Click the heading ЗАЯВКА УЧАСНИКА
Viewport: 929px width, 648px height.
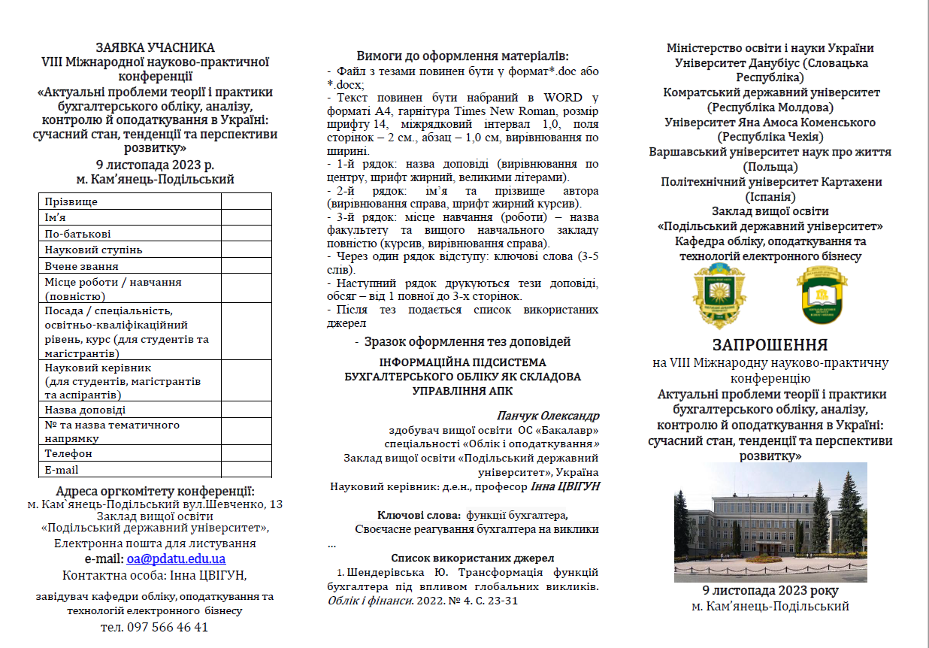pos(155,48)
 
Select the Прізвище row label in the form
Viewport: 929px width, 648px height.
pos(71,201)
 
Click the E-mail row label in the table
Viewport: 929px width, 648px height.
pos(62,470)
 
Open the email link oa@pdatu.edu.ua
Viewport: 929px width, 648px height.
pos(176,559)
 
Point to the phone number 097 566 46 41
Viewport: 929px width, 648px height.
pos(154,627)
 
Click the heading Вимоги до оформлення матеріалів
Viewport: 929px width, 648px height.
pos(463,56)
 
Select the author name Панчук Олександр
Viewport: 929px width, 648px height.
pos(548,416)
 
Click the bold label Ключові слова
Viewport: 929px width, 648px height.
pos(419,515)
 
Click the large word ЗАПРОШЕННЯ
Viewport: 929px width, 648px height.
pos(770,345)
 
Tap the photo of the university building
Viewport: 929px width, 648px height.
pos(770,521)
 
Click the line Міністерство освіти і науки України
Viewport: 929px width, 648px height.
pos(770,48)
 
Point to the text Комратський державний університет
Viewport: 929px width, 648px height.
pos(770,92)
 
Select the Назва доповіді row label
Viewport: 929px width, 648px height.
pos(85,410)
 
